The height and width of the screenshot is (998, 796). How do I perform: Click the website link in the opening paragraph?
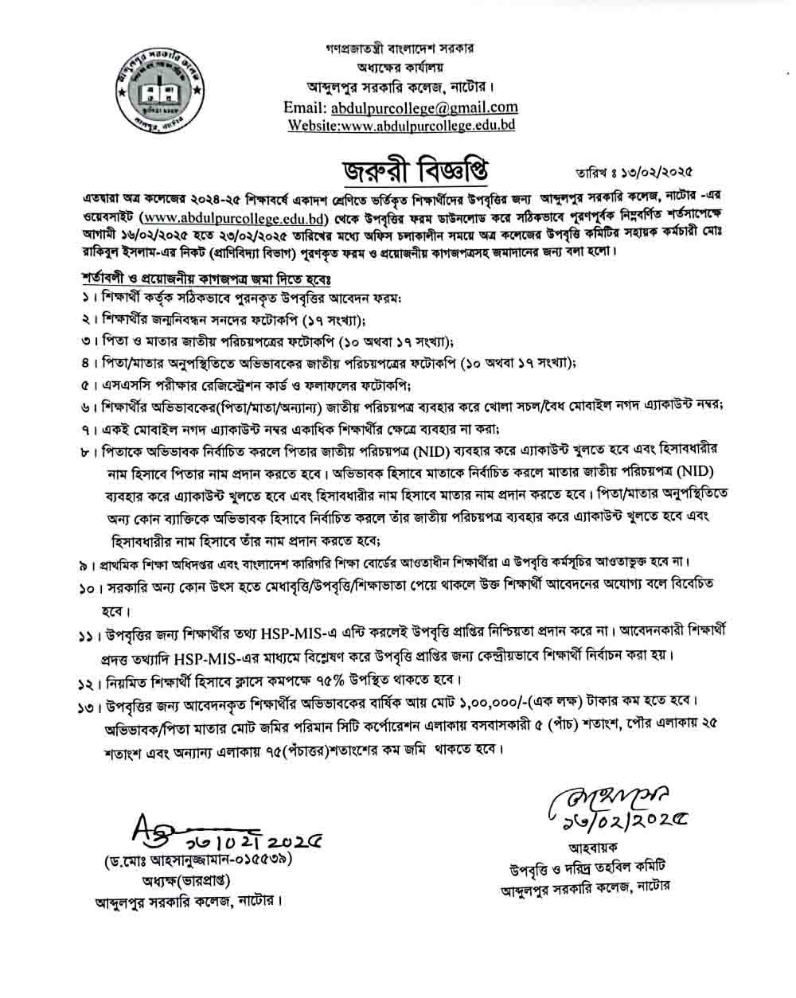point(234,216)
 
